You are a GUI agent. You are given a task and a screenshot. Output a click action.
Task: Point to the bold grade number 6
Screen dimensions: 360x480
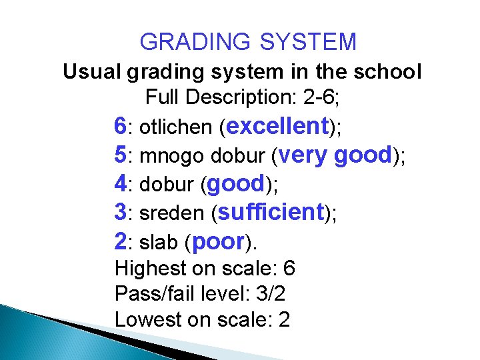(x=121, y=125)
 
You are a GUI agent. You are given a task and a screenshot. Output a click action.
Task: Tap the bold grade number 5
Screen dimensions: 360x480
(x=121, y=155)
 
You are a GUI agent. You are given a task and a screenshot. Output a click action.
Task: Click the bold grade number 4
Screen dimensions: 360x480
(x=121, y=183)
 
